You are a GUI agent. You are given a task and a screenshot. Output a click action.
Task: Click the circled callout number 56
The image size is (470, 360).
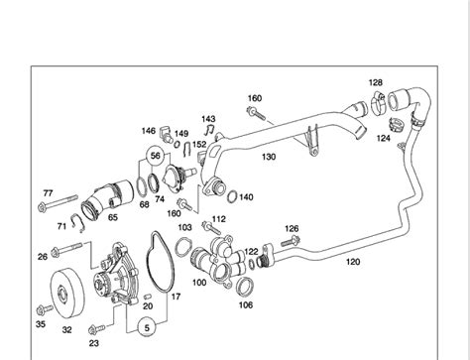point(155,156)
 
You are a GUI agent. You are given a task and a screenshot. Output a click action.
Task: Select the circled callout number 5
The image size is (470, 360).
point(147,327)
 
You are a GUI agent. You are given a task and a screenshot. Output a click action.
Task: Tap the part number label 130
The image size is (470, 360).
point(269,157)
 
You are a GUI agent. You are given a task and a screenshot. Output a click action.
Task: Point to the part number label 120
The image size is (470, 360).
point(353,262)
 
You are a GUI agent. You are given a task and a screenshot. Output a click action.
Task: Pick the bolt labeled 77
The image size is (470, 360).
point(58,203)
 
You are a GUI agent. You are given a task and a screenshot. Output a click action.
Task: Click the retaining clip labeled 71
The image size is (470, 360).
point(78,222)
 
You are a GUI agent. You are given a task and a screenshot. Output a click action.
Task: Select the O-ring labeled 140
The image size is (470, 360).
point(232,196)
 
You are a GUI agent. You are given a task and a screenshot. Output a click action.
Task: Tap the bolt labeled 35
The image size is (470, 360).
point(45,309)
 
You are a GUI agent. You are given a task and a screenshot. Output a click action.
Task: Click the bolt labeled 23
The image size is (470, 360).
point(96,328)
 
